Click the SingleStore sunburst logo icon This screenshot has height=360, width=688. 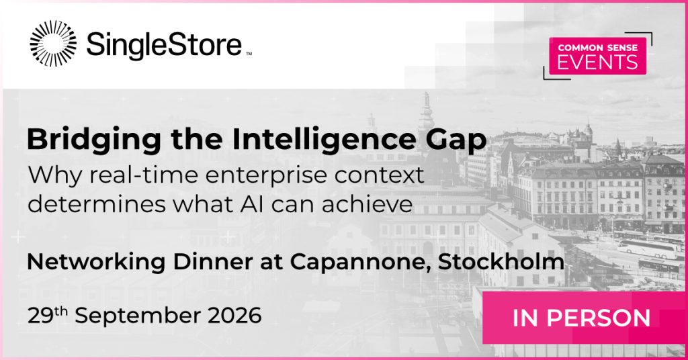(53, 44)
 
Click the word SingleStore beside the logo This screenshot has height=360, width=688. (164, 45)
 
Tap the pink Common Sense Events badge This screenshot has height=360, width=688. (597, 56)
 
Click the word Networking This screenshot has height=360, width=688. (96, 262)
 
